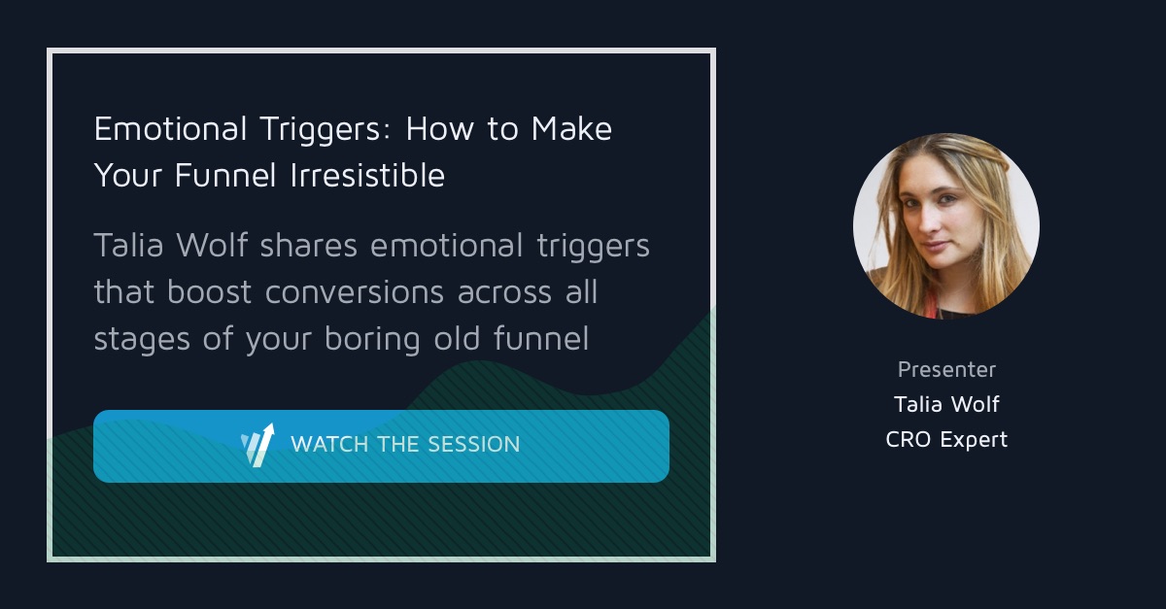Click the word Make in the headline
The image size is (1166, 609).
coord(572,129)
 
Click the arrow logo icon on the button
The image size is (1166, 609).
coord(257,445)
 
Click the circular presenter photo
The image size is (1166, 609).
coord(945,226)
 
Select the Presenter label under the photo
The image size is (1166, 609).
coord(946,369)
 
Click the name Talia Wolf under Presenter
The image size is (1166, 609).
coord(946,404)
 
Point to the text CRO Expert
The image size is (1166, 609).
coord(946,439)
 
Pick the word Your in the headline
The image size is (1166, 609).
coord(130,176)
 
